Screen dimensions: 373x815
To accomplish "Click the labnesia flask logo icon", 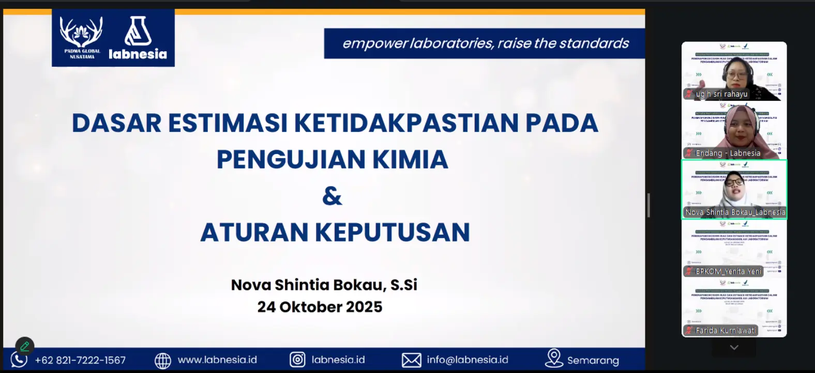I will pos(138,31).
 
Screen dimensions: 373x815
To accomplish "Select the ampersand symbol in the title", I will pos(332,196).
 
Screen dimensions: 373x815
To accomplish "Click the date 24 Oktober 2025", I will pos(320,307).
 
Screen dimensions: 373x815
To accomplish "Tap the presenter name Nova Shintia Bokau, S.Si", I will pos(324,285).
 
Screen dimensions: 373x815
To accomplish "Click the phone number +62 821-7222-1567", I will pos(80,360).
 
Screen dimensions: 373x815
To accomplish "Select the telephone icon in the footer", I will pos(19,360).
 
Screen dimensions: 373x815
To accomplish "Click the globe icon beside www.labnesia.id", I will pos(163,360).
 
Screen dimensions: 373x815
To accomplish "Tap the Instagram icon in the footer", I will pos(297,360).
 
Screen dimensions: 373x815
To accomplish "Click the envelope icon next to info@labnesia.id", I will pos(412,360).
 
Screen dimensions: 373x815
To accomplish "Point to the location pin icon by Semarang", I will pos(554,358).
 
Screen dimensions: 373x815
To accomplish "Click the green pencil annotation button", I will pos(24,346).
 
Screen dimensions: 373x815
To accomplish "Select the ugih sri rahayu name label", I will pos(721,94).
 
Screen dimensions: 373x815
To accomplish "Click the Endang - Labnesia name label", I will pos(728,153).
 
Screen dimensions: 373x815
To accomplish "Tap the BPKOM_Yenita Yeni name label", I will pos(728,271).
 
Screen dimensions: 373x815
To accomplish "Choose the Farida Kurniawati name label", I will pos(725,330).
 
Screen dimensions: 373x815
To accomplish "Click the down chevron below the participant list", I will pos(734,348).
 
